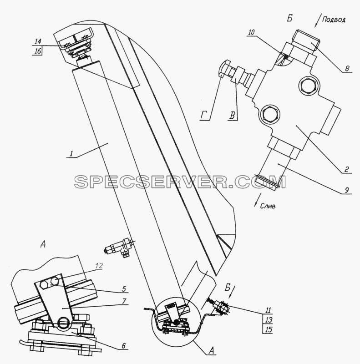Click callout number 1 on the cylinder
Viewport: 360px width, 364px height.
click(x=72, y=153)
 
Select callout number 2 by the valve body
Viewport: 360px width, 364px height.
click(x=346, y=169)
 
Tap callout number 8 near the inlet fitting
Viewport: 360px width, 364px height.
click(x=347, y=69)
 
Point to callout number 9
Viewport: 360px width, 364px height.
click(x=346, y=190)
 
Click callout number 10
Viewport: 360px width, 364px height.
click(x=252, y=32)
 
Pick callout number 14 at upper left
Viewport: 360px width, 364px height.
click(x=38, y=41)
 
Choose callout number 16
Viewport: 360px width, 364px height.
click(x=38, y=51)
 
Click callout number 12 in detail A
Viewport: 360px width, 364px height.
click(x=99, y=266)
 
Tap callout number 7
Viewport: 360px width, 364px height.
click(x=124, y=301)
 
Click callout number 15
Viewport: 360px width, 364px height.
click(x=268, y=329)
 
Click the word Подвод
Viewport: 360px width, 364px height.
click(x=334, y=20)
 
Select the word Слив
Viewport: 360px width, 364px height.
click(x=268, y=206)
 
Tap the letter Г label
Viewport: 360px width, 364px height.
click(x=204, y=116)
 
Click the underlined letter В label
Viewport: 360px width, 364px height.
click(x=233, y=116)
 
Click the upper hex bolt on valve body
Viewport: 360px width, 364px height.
click(x=308, y=85)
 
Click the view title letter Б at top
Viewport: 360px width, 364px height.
click(x=289, y=18)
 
